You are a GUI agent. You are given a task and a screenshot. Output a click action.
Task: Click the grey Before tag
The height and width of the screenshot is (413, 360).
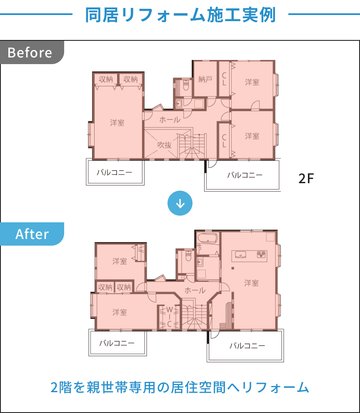coord(32,52)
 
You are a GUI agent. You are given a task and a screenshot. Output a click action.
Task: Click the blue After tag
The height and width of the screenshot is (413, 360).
coord(32,234)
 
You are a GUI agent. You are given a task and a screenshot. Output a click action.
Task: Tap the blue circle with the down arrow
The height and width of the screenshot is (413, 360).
coord(180,203)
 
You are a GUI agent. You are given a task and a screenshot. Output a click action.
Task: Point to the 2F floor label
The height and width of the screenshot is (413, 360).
coord(306,178)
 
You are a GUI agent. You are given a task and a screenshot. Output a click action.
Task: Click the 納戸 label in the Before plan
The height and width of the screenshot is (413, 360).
coord(205,79)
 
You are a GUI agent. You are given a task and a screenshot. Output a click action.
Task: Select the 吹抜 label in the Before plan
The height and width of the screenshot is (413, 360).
coord(165,145)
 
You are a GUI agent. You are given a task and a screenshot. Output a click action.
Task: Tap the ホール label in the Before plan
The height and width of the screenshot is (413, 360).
coord(170,119)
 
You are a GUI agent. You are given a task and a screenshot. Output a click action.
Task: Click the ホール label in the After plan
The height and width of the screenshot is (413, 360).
coord(195,290)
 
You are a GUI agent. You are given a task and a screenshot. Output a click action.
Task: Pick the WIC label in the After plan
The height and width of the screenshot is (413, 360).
coord(170,316)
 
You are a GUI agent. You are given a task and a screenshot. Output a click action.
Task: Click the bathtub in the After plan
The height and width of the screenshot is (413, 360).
coord(208,239)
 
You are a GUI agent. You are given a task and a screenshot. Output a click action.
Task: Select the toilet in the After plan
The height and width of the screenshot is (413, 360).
coord(188,256)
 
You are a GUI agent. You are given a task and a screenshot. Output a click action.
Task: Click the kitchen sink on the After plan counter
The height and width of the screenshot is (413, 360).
coord(240,254)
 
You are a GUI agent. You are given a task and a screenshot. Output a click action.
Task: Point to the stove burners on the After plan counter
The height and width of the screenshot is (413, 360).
coord(261,254)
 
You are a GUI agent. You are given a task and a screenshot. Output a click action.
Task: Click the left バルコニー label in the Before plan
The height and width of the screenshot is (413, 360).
coord(115,172)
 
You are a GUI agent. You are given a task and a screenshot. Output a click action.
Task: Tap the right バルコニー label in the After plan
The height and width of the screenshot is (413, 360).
coord(247,345)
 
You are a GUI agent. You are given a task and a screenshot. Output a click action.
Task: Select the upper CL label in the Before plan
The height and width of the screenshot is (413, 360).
coord(224,79)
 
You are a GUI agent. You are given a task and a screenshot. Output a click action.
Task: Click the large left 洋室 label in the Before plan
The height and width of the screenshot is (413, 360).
coord(117,123)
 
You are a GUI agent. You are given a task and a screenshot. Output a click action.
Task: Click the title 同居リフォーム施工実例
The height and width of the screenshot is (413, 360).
coord(180,15)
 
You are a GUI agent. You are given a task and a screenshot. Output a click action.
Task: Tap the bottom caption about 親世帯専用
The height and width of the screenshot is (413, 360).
coord(180,388)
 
